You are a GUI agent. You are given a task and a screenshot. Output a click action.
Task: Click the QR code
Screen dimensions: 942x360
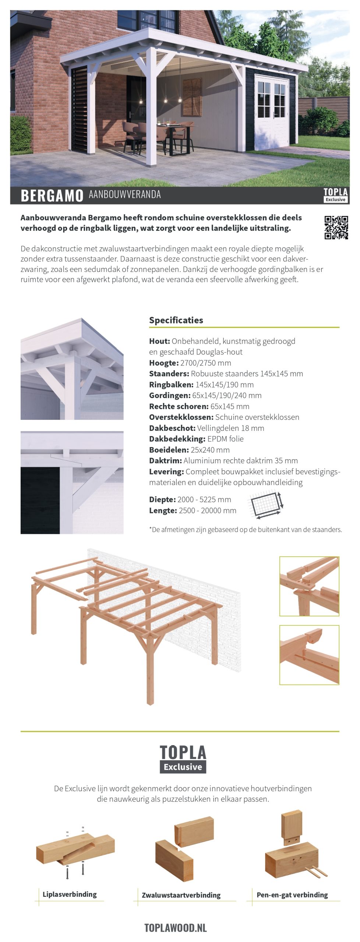(336, 227)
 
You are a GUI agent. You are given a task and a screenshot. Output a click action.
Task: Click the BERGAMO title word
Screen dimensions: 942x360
(52, 195)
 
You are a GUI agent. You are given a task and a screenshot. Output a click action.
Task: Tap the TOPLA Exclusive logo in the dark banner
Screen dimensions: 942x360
(335, 195)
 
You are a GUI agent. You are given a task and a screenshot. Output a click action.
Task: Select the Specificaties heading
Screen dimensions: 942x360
(176, 320)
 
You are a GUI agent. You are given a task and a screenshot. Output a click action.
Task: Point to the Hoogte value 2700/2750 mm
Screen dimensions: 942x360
(206, 363)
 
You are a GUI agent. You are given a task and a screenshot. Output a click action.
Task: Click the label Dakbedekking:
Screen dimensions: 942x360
(177, 439)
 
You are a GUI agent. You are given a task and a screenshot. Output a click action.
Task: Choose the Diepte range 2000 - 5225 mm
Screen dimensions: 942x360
(204, 499)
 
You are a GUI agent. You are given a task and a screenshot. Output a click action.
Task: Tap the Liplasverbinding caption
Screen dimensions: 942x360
(70, 895)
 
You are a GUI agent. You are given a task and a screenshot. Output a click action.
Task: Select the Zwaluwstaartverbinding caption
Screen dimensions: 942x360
(181, 895)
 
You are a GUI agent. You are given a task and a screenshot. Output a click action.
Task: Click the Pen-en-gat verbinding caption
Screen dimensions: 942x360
(292, 895)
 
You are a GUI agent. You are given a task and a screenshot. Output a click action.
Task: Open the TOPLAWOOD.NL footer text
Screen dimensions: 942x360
(176, 928)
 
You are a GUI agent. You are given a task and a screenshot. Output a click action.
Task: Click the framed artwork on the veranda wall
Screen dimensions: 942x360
(192, 96)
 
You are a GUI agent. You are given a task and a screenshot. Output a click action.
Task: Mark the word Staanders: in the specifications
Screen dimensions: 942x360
(169, 373)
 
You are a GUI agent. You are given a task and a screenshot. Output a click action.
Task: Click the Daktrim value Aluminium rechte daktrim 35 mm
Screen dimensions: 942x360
(241, 460)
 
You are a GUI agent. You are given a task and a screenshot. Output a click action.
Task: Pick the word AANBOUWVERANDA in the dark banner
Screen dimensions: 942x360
(125, 194)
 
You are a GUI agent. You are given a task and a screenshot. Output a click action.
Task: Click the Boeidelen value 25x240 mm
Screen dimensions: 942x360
(210, 450)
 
